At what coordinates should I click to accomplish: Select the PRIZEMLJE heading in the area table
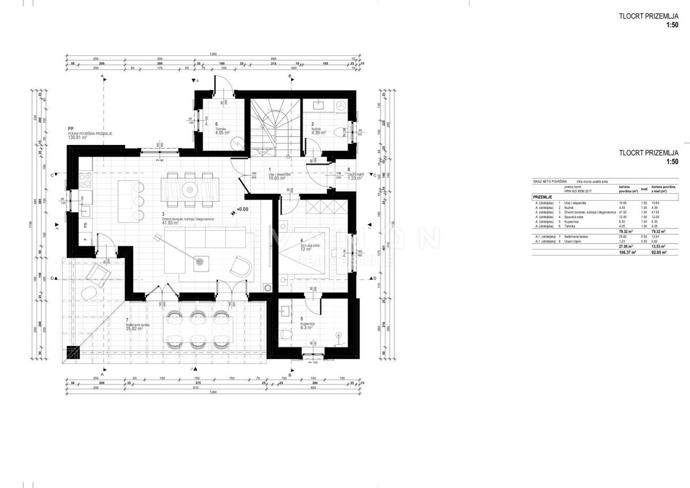click(x=544, y=196)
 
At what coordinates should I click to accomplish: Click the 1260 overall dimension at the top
click(x=213, y=55)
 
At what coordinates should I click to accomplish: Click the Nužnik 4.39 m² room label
click(x=319, y=130)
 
